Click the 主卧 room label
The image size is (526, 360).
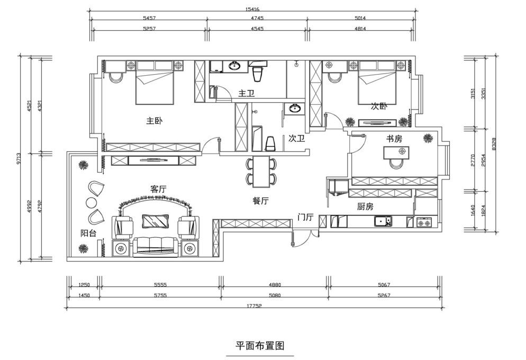[155, 121]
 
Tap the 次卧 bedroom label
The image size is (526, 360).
[379, 106]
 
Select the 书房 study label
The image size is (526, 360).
[394, 139]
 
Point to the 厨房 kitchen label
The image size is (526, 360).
[365, 206]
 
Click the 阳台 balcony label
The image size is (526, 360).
[88, 233]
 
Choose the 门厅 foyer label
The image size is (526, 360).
[305, 218]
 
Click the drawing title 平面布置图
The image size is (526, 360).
[260, 346]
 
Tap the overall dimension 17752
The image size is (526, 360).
[254, 305]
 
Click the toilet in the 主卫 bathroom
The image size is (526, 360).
[257, 74]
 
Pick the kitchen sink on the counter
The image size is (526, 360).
[383, 222]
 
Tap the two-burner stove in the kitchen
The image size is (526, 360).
[425, 222]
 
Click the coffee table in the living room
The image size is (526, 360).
[156, 221]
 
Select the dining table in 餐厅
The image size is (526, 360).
[261, 172]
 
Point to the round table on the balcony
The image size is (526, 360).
[91, 203]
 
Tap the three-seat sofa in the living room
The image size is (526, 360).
[156, 247]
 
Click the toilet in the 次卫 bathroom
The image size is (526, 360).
[270, 143]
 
